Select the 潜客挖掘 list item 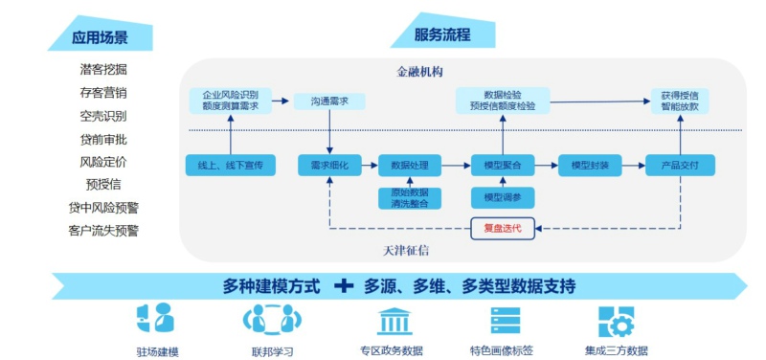tap(103, 69)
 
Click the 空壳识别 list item tap(103, 116)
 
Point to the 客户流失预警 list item tap(103, 231)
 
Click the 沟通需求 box tap(329, 101)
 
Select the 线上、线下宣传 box tap(230, 165)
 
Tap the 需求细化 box tap(329, 165)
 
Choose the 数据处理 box tap(410, 165)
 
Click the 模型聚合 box tap(503, 165)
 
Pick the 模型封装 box tap(590, 165)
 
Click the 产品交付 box tap(680, 165)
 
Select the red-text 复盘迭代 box tap(503, 228)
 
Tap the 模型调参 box tap(503, 198)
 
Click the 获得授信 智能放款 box tap(681, 101)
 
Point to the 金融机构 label tap(419, 72)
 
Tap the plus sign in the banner tap(344, 285)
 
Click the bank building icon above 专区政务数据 tap(394, 321)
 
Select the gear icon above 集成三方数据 tap(616, 322)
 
